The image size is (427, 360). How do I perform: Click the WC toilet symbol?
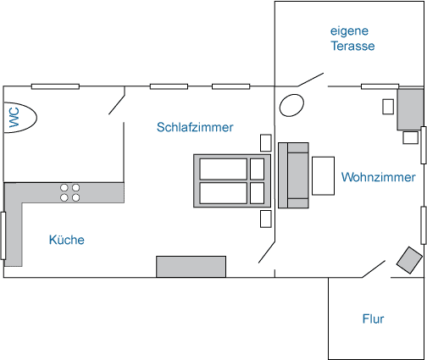tap(20, 117)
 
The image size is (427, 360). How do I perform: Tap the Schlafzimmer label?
tap(195, 127)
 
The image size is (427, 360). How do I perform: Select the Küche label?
tap(67, 240)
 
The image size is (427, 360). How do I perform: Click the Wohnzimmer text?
tap(379, 177)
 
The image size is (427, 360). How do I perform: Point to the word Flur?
tap(373, 318)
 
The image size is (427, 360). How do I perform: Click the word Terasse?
tap(352, 46)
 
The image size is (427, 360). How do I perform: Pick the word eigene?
tap(349, 31)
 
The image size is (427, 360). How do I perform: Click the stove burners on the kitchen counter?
tap(70, 192)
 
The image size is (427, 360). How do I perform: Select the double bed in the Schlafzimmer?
tap(232, 181)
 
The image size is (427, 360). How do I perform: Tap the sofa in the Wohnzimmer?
tap(293, 175)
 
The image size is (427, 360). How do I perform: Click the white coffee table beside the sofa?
tap(323, 176)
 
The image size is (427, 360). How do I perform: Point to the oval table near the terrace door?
tap(291, 105)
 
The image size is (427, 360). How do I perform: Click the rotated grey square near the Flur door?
tap(409, 260)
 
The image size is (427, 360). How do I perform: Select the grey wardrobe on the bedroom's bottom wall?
tap(191, 267)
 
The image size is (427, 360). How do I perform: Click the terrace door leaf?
tap(311, 80)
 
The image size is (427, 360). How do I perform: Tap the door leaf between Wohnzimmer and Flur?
tap(374, 269)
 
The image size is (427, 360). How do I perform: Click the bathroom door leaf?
tap(117, 101)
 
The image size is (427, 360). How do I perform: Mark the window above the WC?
tap(55, 86)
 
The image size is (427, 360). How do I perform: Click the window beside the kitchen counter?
tap(3, 235)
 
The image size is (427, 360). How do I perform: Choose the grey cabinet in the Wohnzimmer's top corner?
tap(411, 109)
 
